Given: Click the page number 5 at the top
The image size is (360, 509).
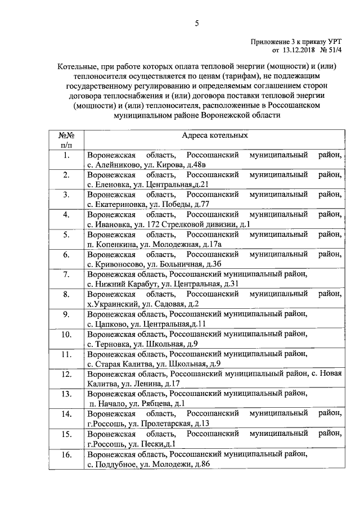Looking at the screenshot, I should (x=197, y=23).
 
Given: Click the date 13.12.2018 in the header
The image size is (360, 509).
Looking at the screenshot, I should (x=292, y=49).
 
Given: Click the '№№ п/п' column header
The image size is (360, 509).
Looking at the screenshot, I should (x=66, y=140).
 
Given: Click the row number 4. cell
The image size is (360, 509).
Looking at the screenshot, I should (x=66, y=215).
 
